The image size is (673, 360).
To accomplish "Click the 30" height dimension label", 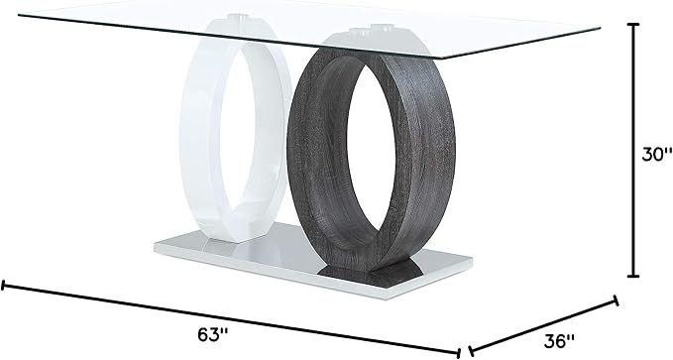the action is coord(657,155).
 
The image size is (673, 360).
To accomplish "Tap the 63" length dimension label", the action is coord(213,334).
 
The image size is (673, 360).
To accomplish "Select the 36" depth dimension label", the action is coord(559,341).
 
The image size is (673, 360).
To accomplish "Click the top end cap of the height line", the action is coord(633,25).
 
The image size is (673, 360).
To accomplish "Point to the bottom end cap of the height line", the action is coord(633,276).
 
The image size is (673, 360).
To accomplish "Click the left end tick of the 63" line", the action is coord(3,286).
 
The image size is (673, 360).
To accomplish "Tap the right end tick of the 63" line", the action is coord(459,352).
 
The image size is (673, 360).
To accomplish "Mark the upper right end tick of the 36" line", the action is coord(617,300).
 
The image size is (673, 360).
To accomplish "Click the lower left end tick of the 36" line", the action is coord(471,350).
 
